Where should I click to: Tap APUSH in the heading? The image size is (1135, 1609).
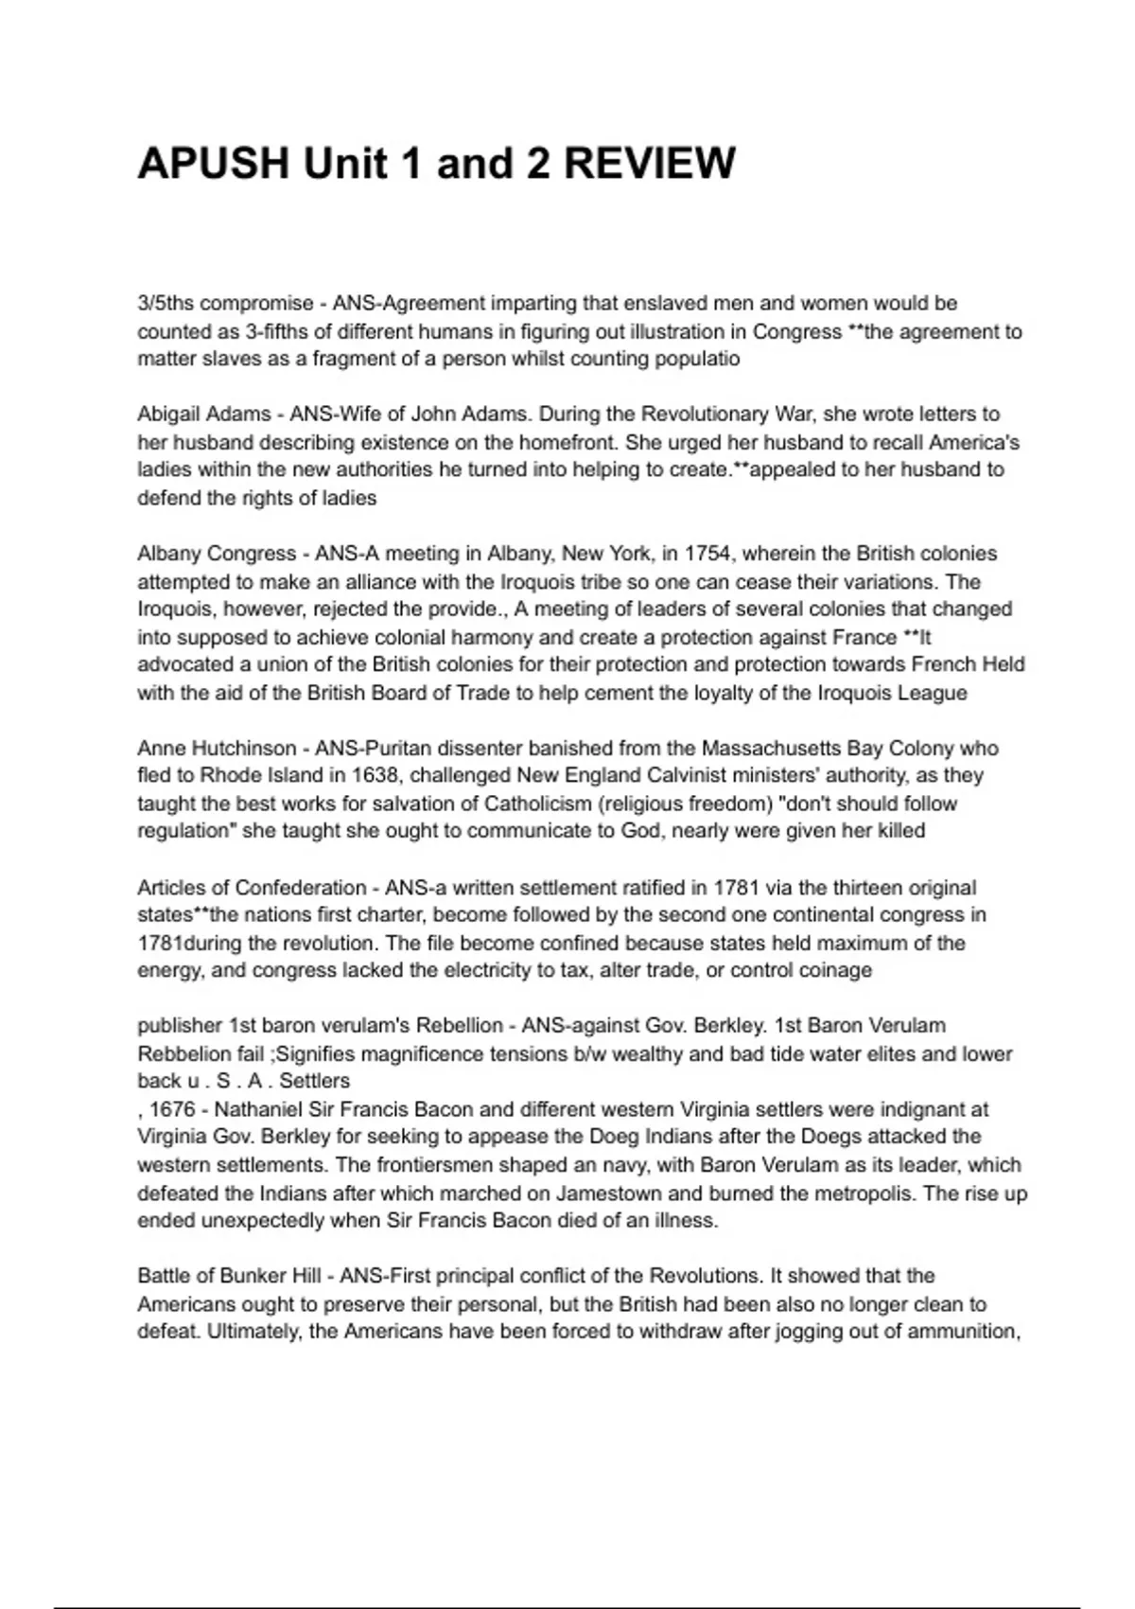[214, 164]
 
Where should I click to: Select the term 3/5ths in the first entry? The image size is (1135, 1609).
[166, 304]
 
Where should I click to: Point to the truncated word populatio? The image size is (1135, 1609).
[694, 359]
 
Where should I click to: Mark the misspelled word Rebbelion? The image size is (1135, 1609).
[184, 1054]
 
